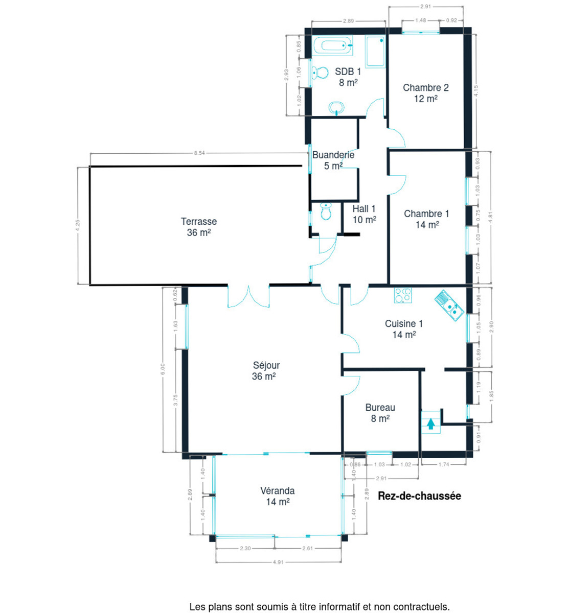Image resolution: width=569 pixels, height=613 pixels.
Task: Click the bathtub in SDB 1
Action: click(332, 45)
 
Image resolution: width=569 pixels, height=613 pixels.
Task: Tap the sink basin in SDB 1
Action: click(336, 108)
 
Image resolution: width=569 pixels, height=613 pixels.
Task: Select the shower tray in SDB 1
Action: click(375, 51)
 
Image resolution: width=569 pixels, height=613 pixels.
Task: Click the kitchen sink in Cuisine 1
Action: click(449, 305)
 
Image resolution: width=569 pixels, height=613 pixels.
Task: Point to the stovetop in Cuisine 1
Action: click(403, 295)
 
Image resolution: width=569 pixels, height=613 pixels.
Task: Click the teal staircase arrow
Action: click(431, 423)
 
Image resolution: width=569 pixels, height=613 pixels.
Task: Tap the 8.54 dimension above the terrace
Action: click(199, 153)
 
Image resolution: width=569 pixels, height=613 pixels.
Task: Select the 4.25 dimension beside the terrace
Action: click(78, 225)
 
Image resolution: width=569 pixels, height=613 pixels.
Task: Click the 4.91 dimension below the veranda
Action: click(278, 562)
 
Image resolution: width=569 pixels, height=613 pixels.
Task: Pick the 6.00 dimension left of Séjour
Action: click(163, 369)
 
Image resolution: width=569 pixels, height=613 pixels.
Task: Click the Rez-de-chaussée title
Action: click(420, 496)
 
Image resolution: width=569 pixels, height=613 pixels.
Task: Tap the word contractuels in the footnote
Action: click(422, 606)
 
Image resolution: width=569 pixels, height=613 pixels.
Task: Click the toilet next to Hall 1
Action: click(326, 211)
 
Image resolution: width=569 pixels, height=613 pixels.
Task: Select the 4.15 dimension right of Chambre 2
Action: click(476, 91)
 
